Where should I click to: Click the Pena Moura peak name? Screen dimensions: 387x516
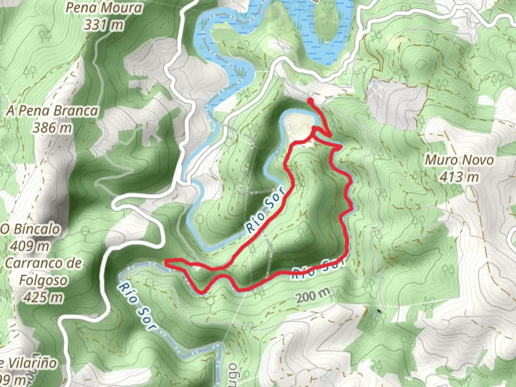[103, 8]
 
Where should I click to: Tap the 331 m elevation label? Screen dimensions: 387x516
[104, 25]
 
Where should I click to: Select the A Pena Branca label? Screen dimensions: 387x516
[52, 111]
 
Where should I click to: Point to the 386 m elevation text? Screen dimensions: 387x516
[52, 128]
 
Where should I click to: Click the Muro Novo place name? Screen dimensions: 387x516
[459, 160]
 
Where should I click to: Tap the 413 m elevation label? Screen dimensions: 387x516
[459, 177]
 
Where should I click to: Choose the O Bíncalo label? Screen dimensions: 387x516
[30, 229]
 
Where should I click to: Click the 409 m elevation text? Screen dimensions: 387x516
[30, 246]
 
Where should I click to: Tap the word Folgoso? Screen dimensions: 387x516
[43, 280]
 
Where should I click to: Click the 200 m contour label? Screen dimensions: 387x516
[313, 296]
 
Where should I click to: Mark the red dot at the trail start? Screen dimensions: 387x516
[310, 101]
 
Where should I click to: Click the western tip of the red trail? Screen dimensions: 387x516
[166, 263]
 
